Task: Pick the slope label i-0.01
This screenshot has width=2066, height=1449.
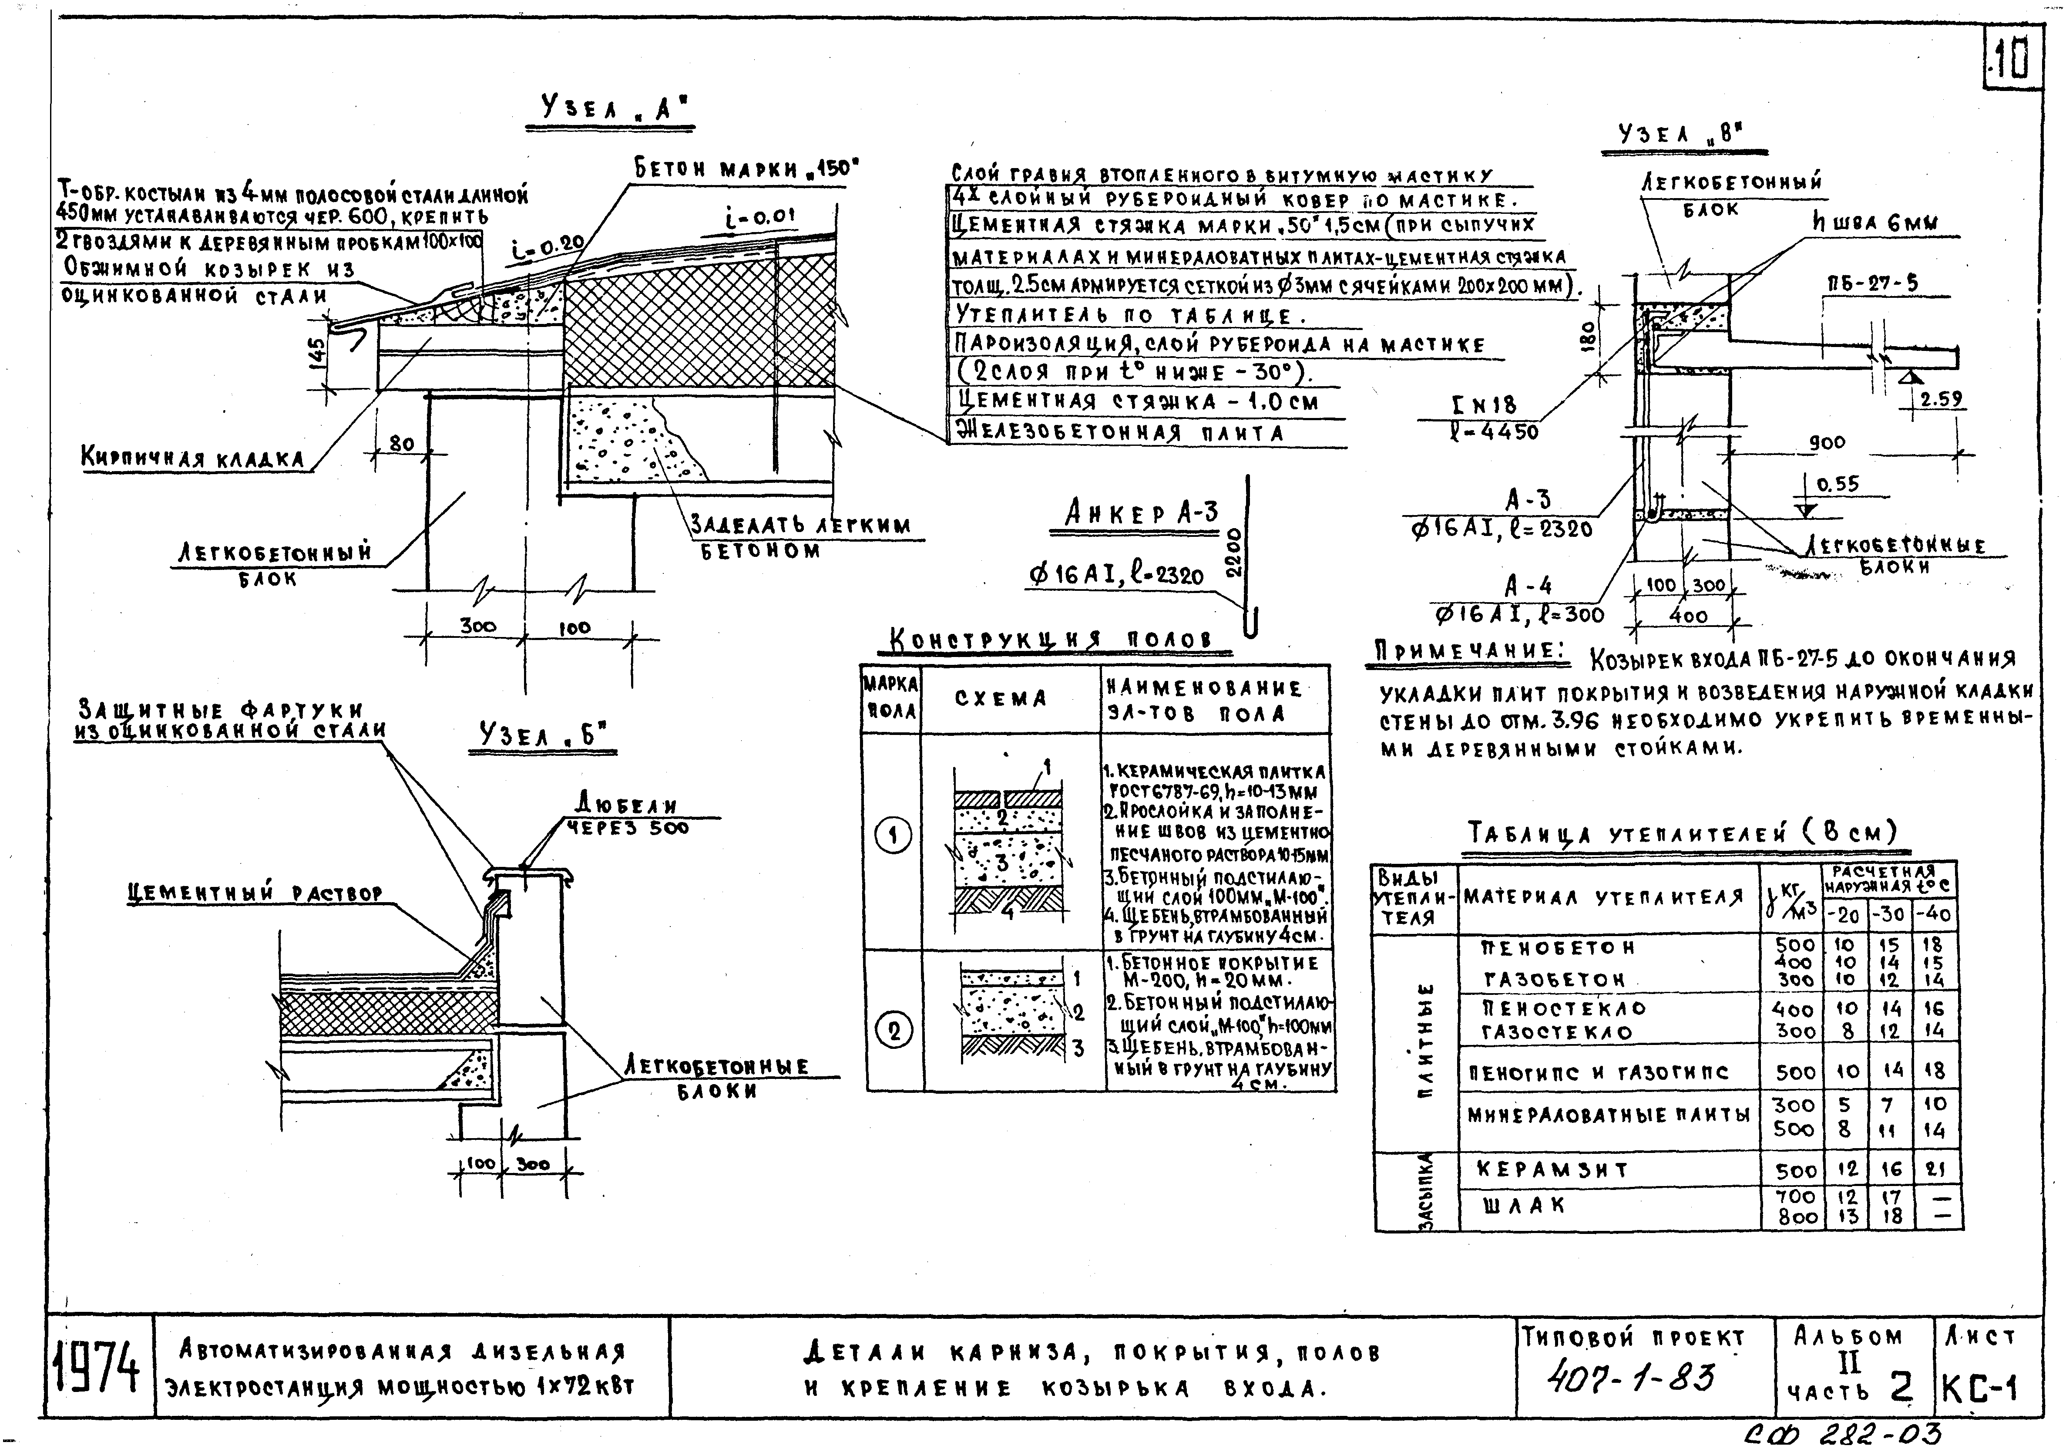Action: (x=760, y=217)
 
